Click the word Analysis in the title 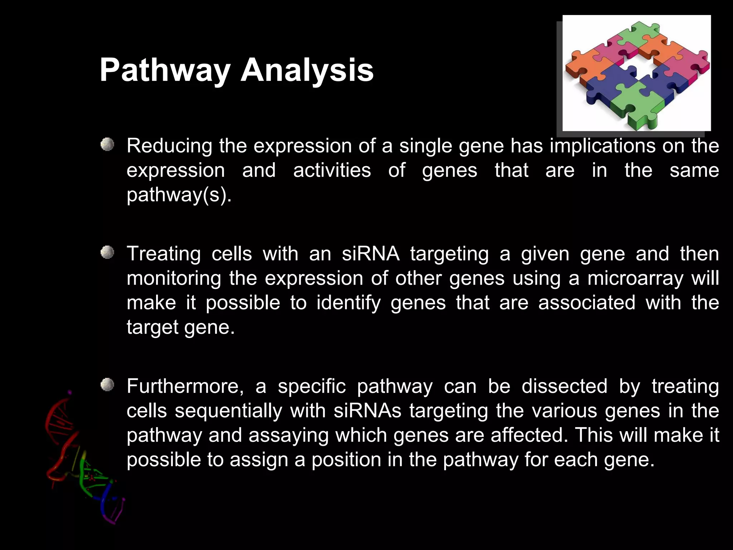[x=307, y=70]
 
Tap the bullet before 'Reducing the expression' [x=107, y=145]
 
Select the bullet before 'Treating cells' [x=107, y=253]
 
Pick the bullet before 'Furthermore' [x=107, y=385]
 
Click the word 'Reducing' [x=169, y=146]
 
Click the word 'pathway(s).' [x=179, y=195]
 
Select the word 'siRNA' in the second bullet [x=370, y=254]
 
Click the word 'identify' [x=349, y=303]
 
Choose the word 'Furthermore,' [x=185, y=386]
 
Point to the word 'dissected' [x=564, y=386]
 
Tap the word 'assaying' [x=288, y=435]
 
